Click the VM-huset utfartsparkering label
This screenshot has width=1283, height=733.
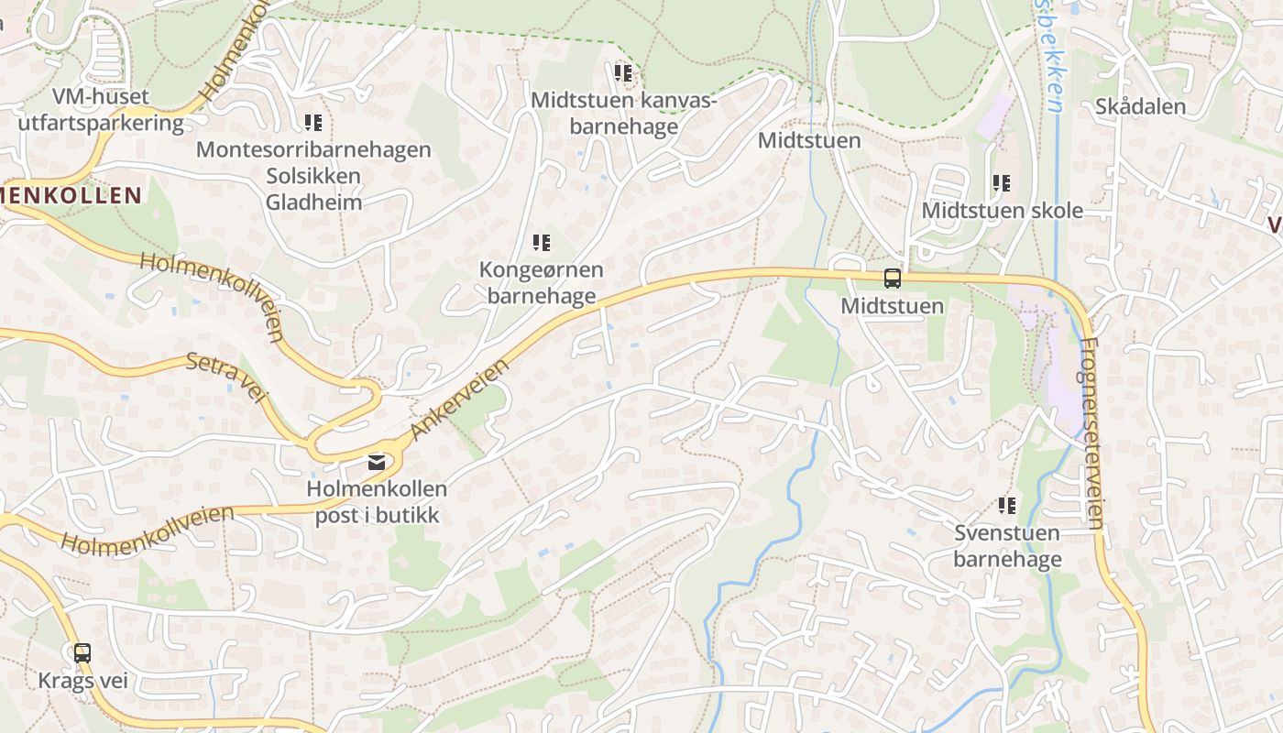(101, 110)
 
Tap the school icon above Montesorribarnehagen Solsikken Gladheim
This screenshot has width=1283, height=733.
(313, 122)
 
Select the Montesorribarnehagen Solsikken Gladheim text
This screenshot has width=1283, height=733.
(313, 176)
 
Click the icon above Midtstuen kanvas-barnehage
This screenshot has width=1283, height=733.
(623, 72)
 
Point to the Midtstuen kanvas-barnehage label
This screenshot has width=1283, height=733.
(623, 113)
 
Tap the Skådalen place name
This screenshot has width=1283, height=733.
(1140, 106)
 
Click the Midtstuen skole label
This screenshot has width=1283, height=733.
(1002, 211)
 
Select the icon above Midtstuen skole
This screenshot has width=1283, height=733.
(1002, 183)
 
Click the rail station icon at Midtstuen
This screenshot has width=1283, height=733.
(892, 279)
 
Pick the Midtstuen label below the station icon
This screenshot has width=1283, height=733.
(892, 306)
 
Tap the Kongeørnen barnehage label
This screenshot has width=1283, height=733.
(542, 282)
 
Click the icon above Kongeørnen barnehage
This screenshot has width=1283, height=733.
(542, 243)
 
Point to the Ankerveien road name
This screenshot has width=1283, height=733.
(460, 399)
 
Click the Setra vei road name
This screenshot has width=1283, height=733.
(225, 376)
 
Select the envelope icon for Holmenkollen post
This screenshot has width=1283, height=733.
(376, 463)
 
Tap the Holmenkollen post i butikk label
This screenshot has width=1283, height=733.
(377, 502)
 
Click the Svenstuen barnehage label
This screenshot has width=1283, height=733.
(1007, 546)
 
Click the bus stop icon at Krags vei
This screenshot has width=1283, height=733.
(82, 653)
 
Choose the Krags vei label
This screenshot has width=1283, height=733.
(82, 682)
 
